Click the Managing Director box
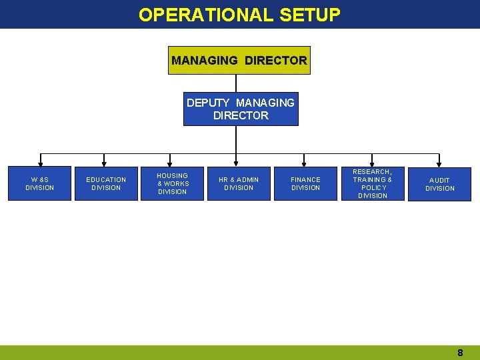pos(239,60)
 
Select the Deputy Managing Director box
pos(241,109)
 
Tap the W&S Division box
pos(39,183)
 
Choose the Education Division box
pos(106,183)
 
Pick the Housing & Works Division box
pos(173,183)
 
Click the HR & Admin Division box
pos(239,183)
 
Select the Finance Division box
pos(305,183)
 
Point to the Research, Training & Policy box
pos(372,183)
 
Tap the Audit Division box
pos(440,184)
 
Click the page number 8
pos(460,353)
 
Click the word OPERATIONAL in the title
pos(206,15)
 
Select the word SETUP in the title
pos(310,15)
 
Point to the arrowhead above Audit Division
pos(439,163)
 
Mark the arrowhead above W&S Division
pos(41,163)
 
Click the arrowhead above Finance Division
pos(305,163)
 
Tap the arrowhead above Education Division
pos(104,163)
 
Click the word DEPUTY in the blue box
pos(209,103)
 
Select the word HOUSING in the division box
pos(173,175)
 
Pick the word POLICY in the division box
pos(373,187)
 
